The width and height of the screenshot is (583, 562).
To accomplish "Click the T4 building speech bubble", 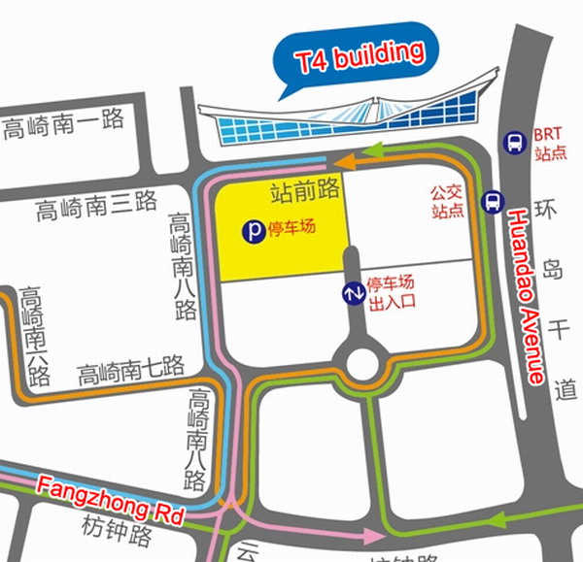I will click(359, 57).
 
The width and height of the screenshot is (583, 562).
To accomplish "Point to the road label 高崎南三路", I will click(96, 205).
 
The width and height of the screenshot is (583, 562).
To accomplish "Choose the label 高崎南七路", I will click(130, 369).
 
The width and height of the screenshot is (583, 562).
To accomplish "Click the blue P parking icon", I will click(252, 232).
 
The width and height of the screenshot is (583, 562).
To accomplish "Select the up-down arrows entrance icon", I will click(352, 292).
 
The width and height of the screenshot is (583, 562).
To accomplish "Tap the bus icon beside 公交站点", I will click(493, 201).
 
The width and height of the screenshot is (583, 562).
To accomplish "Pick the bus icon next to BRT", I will click(513, 143).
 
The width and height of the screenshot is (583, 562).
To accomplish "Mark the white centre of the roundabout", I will click(361, 365).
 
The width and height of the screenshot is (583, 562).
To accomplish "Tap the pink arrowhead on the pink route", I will click(375, 536).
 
